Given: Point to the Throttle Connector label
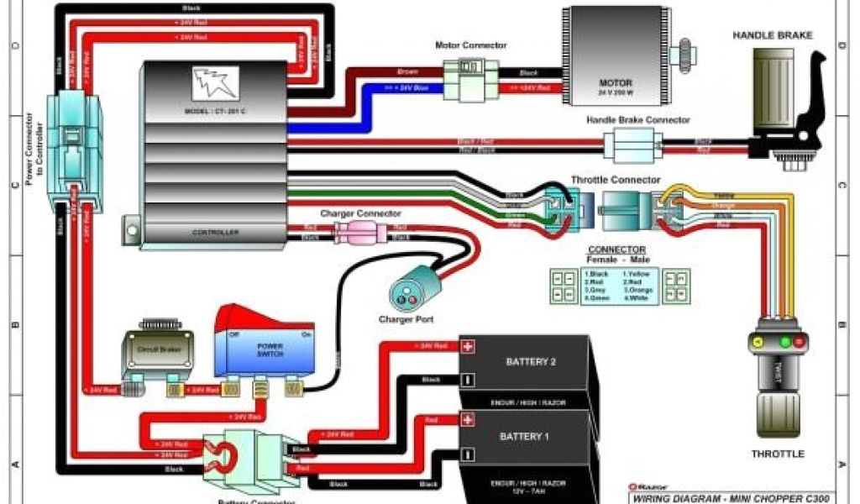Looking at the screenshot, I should tap(615, 180).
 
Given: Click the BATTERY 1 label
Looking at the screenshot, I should tap(523, 437).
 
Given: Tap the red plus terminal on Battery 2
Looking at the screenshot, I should tap(468, 346).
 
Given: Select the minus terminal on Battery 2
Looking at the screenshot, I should tap(468, 380).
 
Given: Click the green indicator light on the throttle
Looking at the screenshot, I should tap(784, 342).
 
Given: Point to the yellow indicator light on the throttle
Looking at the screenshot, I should tap(758, 342).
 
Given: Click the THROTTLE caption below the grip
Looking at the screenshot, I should tap(777, 454).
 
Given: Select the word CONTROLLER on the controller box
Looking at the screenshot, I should tap(216, 232).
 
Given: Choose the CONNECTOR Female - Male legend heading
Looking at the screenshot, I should tap(616, 254).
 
